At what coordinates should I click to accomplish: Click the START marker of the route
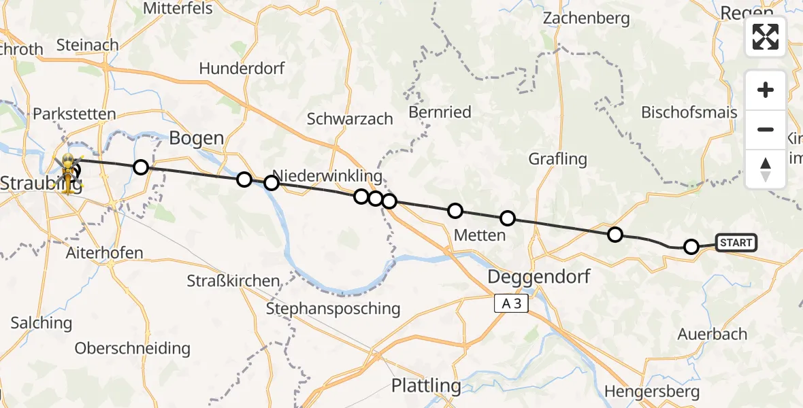click(x=736, y=243)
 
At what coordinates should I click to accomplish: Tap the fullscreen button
click(x=766, y=37)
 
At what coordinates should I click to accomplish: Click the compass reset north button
click(x=766, y=169)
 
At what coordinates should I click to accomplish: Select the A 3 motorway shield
click(x=511, y=304)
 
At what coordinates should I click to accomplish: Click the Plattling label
click(x=426, y=386)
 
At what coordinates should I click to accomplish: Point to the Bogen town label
click(x=196, y=138)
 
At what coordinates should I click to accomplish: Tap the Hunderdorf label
click(x=242, y=69)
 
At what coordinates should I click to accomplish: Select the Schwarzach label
click(x=350, y=118)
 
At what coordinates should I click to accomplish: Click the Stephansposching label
click(x=333, y=308)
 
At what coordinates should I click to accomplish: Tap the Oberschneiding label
click(x=132, y=348)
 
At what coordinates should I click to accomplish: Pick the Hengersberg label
click(x=652, y=392)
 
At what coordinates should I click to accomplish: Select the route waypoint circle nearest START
click(x=691, y=247)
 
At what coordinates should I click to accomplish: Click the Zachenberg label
click(x=586, y=18)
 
